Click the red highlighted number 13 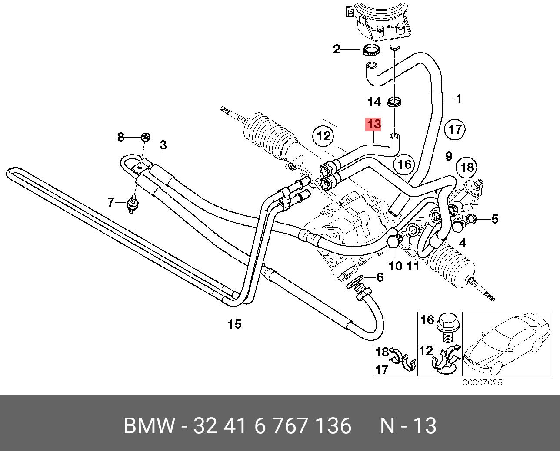click(x=373, y=124)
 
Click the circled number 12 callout click(x=323, y=136)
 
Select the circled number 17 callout click(x=455, y=129)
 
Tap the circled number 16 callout click(x=404, y=164)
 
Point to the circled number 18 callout click(x=467, y=167)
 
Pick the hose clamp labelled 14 click(x=395, y=102)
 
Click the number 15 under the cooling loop click(x=234, y=324)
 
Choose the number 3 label click(x=163, y=145)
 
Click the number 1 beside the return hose click(x=458, y=99)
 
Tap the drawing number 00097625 click(x=482, y=382)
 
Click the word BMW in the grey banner click(x=150, y=426)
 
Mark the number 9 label click(x=449, y=156)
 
